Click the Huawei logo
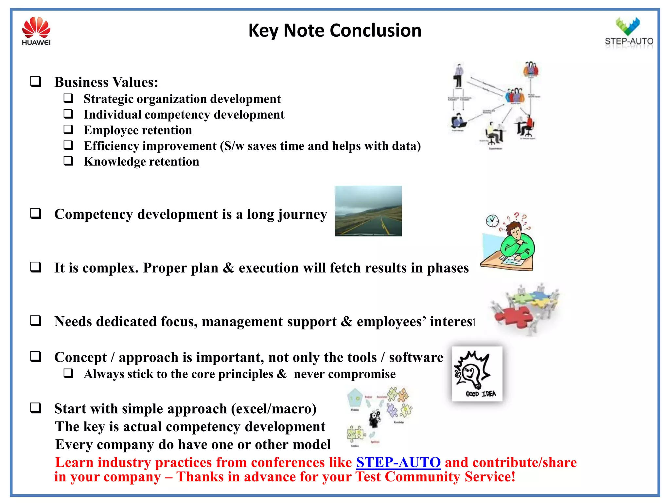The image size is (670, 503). point(36,31)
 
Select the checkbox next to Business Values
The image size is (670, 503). point(36,81)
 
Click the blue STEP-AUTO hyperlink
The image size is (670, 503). point(398,462)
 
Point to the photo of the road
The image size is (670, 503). point(368,211)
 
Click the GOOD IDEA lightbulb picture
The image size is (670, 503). point(477,374)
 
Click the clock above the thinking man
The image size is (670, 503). point(492,221)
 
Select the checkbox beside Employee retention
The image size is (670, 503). point(68,129)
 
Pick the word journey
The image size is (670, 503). point(302,214)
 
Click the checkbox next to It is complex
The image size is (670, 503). point(36,267)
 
